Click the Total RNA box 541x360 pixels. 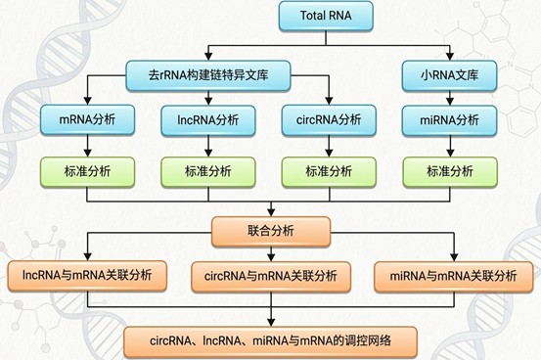click(x=326, y=16)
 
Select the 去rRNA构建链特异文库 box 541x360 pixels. click(x=208, y=75)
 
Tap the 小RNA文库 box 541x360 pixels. click(x=449, y=75)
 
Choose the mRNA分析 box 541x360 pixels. click(x=87, y=119)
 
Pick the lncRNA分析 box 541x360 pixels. click(x=208, y=120)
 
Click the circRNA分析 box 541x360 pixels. click(x=329, y=120)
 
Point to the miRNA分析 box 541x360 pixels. click(x=450, y=120)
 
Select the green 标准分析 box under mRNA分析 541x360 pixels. click(x=87, y=172)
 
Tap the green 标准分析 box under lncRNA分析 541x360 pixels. click(x=208, y=172)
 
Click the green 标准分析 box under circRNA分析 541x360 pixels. click(x=329, y=172)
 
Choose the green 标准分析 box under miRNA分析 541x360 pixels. click(x=450, y=172)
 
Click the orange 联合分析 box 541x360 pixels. click(x=271, y=231)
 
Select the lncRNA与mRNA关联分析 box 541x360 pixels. click(x=87, y=276)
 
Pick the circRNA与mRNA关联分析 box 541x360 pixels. click(x=271, y=277)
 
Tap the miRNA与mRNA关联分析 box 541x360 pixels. click(x=454, y=277)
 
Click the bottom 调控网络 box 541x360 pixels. click(x=270, y=341)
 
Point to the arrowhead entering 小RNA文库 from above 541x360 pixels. click(x=450, y=57)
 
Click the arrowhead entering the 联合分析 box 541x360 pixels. click(x=271, y=212)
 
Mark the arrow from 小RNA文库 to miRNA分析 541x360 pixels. click(x=450, y=98)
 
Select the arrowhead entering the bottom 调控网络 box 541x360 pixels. click(x=271, y=323)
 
